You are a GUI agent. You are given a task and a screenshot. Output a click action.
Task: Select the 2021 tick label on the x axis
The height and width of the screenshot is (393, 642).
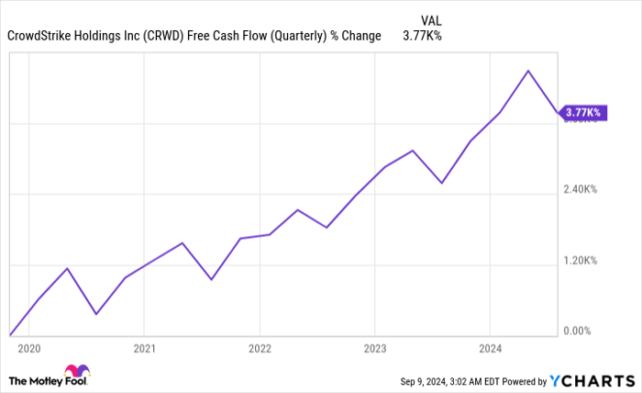point(144,349)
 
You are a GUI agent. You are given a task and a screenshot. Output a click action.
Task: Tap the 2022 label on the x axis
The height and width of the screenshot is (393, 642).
point(260,349)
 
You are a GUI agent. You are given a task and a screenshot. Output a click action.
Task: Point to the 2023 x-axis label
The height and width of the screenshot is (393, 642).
point(374,349)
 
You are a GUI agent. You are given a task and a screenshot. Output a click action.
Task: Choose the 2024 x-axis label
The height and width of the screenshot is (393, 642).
point(490,349)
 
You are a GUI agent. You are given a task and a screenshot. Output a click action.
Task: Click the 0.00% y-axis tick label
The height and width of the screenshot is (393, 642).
point(581,331)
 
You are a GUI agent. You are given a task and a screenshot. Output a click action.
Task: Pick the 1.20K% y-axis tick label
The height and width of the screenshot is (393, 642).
point(581,261)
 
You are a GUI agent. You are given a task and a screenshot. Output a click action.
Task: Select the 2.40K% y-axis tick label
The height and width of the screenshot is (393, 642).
point(581,190)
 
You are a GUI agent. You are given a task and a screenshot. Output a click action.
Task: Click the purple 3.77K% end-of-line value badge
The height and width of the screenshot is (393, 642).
point(582,113)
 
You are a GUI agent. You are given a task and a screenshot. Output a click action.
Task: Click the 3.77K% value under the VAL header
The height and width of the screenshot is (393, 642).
point(423,38)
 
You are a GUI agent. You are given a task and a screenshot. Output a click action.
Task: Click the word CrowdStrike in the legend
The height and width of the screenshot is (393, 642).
point(39,38)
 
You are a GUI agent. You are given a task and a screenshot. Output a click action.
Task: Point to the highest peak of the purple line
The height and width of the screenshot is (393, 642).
point(527,71)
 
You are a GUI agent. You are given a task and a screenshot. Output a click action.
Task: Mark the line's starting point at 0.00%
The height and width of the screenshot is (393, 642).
point(9,334)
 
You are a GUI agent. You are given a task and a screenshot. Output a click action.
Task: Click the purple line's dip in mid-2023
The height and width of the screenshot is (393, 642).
point(441,183)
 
